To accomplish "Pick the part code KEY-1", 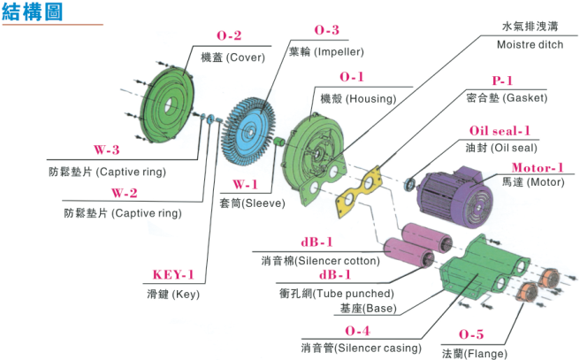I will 173,274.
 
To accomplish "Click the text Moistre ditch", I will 528,43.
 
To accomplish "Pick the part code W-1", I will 246,185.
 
